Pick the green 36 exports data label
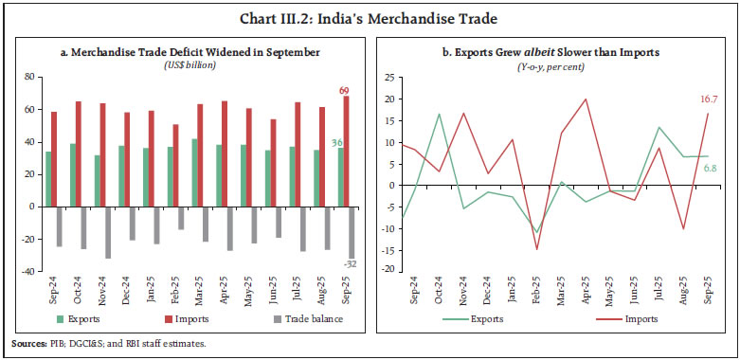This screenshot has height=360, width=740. (336, 143)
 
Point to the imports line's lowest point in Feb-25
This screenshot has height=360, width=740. (537, 249)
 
